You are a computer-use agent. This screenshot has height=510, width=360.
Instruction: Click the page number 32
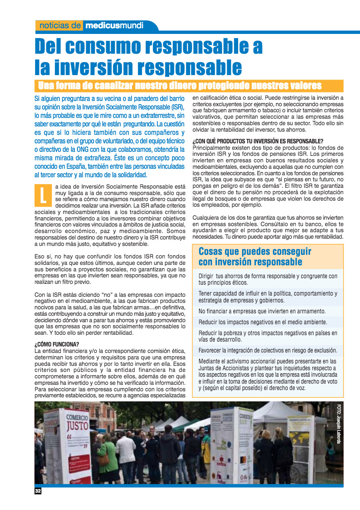pyautogui.click(x=38, y=491)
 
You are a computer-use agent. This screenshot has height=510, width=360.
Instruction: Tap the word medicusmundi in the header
pyautogui.click(x=114, y=25)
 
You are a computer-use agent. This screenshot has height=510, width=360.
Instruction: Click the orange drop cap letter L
pyautogui.click(x=43, y=195)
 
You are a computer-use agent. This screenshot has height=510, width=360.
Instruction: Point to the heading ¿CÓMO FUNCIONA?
pyautogui.click(x=57, y=344)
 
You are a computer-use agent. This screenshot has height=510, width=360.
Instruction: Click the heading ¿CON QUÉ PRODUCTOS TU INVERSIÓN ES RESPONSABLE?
pyautogui.click(x=258, y=141)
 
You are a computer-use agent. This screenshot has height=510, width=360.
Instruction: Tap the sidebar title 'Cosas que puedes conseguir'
pyautogui.click(x=255, y=252)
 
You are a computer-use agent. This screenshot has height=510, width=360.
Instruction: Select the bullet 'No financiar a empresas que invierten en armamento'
pyautogui.click(x=262, y=311)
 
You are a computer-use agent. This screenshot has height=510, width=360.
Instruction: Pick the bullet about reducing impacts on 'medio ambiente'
pyautogui.click(x=263, y=322)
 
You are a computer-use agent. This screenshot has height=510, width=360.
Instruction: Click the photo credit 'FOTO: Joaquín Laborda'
pyautogui.click(x=339, y=424)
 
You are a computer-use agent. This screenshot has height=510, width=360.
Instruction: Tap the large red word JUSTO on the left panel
pyautogui.click(x=77, y=426)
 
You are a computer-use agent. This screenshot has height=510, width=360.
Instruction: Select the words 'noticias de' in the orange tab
pyautogui.click(x=61, y=25)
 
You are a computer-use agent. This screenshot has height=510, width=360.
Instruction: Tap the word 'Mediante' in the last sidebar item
pyautogui.click(x=211, y=361)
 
